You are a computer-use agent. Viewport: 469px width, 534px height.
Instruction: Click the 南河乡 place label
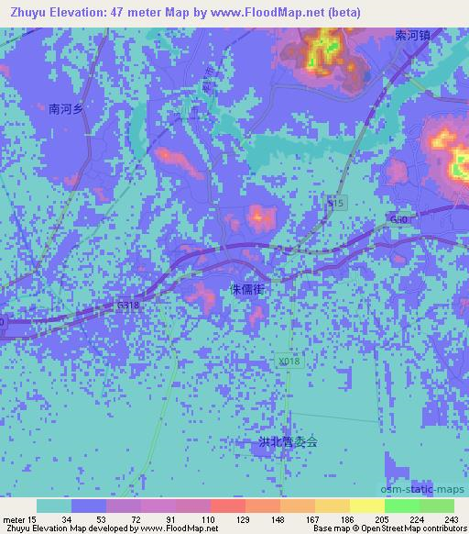[67, 108]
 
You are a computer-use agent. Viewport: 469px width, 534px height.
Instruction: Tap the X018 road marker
[288, 363]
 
